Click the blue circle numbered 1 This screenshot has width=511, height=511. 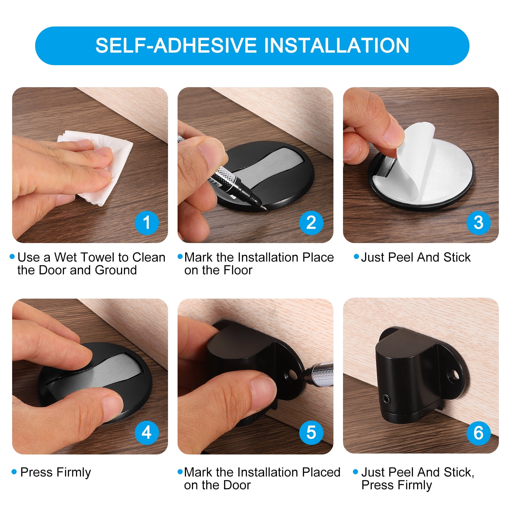(x=147, y=223)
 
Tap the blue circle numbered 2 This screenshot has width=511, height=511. (x=311, y=223)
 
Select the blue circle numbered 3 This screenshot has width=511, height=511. (x=478, y=223)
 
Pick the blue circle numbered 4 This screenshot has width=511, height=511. (x=147, y=432)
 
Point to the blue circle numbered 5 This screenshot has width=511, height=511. (x=311, y=432)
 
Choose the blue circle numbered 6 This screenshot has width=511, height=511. (x=478, y=432)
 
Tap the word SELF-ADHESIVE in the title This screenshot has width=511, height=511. (x=176, y=45)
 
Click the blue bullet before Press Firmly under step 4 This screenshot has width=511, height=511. (x=14, y=472)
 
